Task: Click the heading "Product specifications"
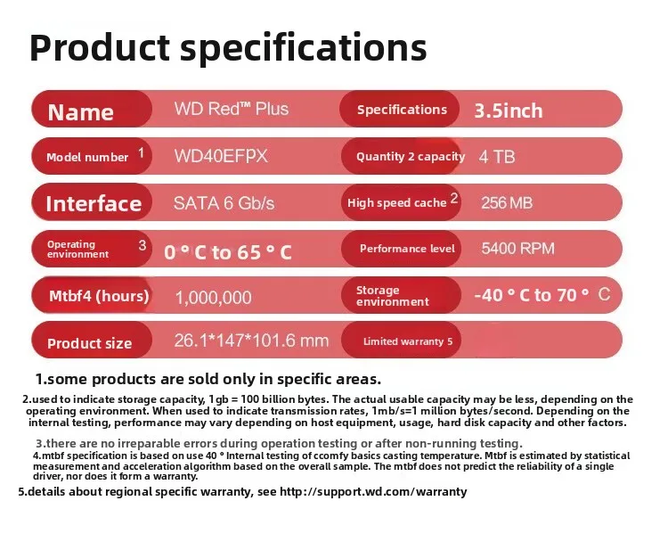point(228,46)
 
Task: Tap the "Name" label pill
point(80,111)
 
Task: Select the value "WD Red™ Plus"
point(231,109)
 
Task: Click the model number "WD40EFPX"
point(221,156)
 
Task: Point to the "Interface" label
point(94,203)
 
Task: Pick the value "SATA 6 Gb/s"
point(224,203)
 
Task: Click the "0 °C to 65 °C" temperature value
point(228,252)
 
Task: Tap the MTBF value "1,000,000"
point(213,298)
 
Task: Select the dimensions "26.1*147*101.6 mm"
point(251,341)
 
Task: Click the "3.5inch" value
point(508,111)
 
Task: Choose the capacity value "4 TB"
point(497,156)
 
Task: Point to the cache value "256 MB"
point(507,203)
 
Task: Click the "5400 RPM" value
point(517,249)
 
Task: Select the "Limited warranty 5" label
point(408,341)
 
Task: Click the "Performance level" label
point(407,249)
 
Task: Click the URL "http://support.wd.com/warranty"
point(373,492)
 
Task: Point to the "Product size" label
point(89,343)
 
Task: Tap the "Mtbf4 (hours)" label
point(98,296)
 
